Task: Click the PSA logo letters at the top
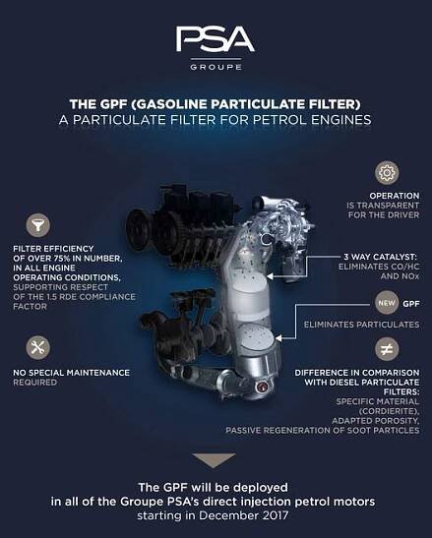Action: [x=216, y=39]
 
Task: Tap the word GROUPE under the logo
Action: [x=216, y=67]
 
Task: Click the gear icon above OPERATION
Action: [x=387, y=172]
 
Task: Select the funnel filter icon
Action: [x=38, y=225]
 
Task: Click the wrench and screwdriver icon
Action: [x=38, y=347]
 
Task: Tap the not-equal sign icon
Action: [x=387, y=349]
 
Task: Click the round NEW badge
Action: [x=387, y=303]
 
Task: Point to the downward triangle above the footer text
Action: [x=214, y=460]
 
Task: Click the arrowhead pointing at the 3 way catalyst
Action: [x=270, y=275]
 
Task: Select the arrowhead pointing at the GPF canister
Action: [x=278, y=338]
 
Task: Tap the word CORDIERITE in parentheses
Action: [x=389, y=411]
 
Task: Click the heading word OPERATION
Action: [x=395, y=196]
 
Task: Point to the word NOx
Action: [x=409, y=276]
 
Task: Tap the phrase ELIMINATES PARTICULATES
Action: [x=361, y=325]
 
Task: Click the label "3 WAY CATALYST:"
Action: [x=380, y=257]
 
